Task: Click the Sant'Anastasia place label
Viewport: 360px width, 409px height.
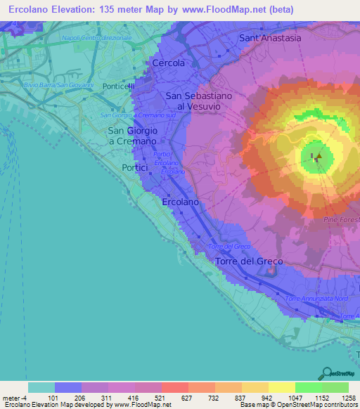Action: click(270, 38)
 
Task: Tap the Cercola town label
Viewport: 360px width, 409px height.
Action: click(169, 63)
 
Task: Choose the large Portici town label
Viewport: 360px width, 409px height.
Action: click(135, 168)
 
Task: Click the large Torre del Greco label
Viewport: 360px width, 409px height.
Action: click(249, 261)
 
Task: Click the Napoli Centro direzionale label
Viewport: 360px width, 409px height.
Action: click(97, 37)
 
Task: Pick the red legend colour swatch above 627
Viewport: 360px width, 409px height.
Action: click(174, 387)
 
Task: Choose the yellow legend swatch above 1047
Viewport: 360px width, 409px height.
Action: click(281, 387)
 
